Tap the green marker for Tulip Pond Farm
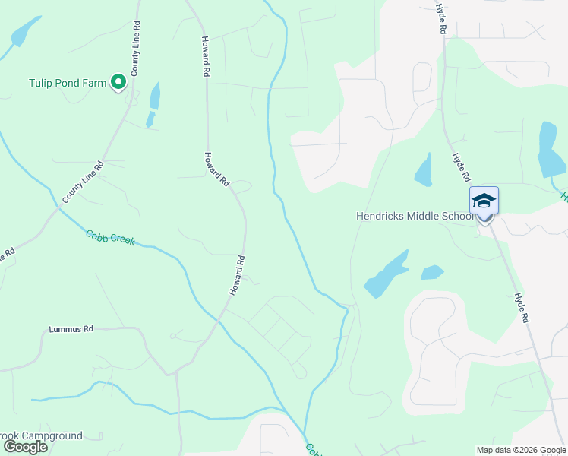(118, 81)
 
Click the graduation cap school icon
(484, 201)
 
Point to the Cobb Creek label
(110, 237)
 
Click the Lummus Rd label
(71, 329)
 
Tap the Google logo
(24, 447)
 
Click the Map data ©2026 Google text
(520, 450)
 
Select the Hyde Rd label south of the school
(520, 309)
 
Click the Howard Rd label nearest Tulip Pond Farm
(205, 56)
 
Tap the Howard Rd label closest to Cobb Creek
(238, 275)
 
